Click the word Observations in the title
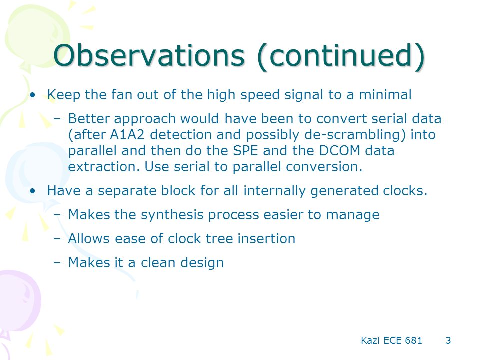(x=149, y=55)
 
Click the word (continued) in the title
(x=341, y=56)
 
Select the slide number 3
(x=448, y=340)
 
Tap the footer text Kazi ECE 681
(x=391, y=340)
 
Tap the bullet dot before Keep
(x=33, y=95)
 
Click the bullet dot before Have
(x=33, y=191)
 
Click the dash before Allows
(x=57, y=239)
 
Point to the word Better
(x=89, y=119)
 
